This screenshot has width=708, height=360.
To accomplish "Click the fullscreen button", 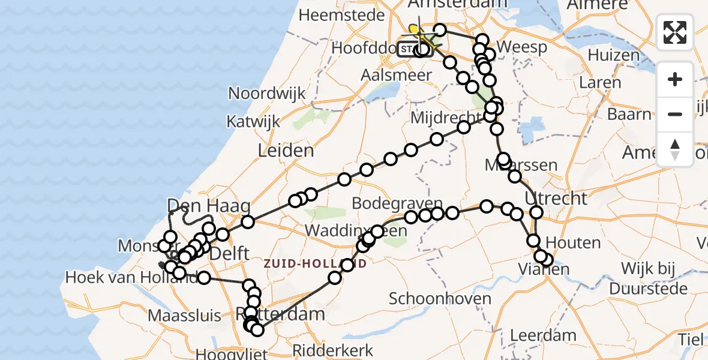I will [x=675, y=32].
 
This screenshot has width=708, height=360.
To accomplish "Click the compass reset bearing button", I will [x=675, y=149].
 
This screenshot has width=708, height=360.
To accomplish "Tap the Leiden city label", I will [x=286, y=151].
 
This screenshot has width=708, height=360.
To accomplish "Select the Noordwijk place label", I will [x=267, y=93].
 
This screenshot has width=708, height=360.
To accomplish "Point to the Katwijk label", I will [x=253, y=121].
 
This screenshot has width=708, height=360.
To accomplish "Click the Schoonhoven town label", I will [x=440, y=298].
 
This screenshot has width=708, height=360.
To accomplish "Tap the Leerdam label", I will [x=542, y=335].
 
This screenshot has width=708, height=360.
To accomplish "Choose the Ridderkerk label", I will [x=332, y=350].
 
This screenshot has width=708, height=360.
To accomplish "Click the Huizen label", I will [x=614, y=55].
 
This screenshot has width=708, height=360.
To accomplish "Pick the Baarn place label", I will [x=629, y=113].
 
